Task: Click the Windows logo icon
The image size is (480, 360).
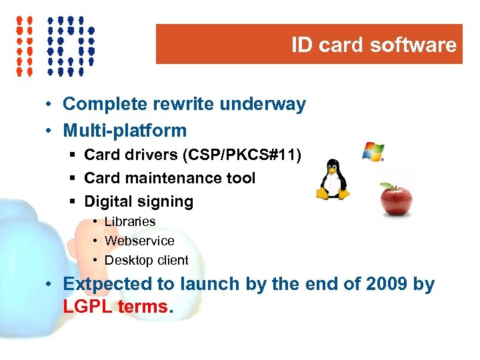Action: [x=373, y=152]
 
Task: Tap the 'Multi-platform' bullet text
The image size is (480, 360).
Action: [x=125, y=130]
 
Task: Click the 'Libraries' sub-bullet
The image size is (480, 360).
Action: [x=130, y=221]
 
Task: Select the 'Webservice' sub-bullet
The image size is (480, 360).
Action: [x=139, y=241]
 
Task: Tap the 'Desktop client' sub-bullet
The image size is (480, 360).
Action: [x=147, y=260]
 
